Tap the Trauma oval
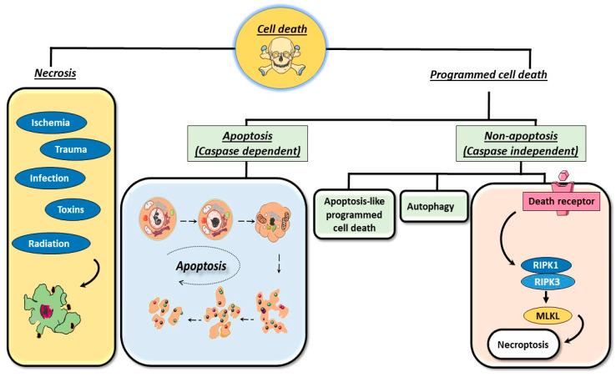pos(74,149)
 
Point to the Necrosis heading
pos(56,73)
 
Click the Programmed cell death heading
pos(489,75)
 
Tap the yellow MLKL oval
pos(547,315)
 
